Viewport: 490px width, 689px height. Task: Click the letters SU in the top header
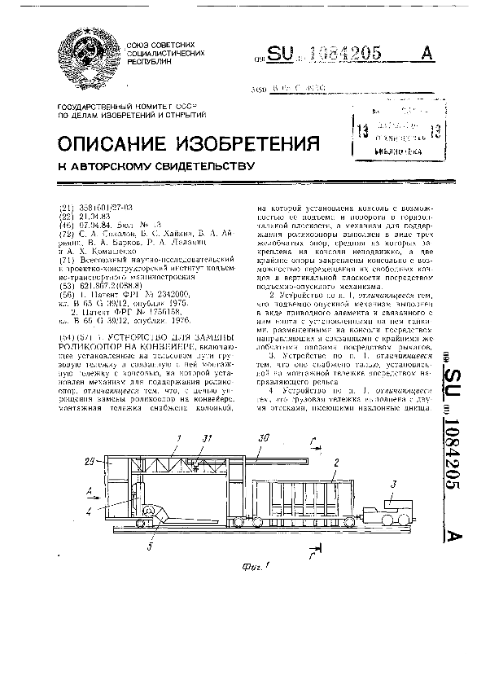285,54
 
